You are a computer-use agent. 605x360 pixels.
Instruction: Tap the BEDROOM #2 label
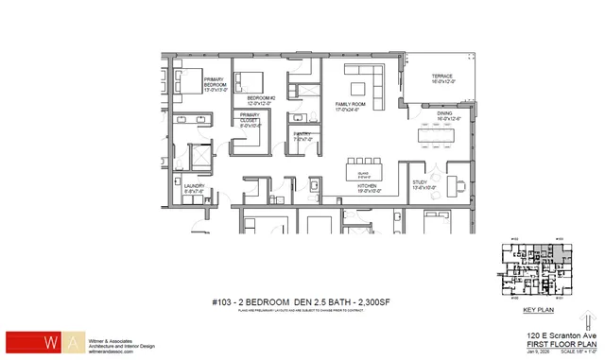(260, 100)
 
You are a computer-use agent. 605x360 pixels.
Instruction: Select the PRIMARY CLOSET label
(250, 119)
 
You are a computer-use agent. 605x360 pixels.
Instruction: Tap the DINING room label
(448, 116)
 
